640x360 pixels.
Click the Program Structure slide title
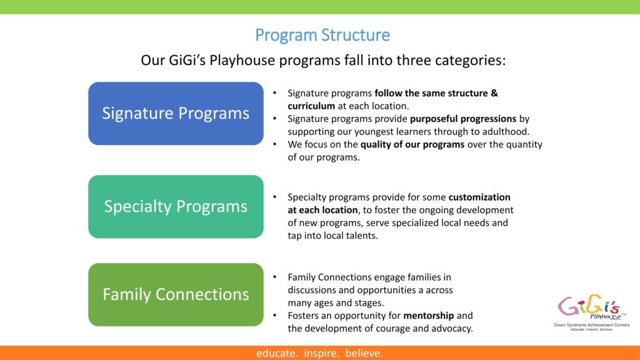click(x=322, y=35)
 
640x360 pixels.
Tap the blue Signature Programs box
click(x=176, y=114)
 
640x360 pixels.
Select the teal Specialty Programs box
click(x=176, y=206)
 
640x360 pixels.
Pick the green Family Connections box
click(x=176, y=294)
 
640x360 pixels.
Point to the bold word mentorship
click(x=429, y=316)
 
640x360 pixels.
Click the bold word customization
click(x=479, y=197)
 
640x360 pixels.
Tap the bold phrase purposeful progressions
click(x=463, y=119)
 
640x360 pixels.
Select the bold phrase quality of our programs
click(x=412, y=144)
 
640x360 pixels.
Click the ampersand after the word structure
click(x=494, y=93)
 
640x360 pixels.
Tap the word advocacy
click(x=451, y=329)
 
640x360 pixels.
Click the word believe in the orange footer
click(x=364, y=353)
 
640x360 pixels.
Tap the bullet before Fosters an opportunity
click(x=275, y=316)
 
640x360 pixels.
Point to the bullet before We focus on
click(x=275, y=144)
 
